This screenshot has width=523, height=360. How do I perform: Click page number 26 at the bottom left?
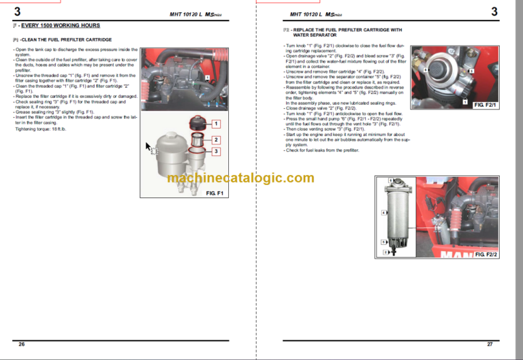click(x=22, y=344)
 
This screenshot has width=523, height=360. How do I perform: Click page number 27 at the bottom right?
click(x=490, y=344)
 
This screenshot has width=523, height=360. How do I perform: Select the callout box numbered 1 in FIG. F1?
click(x=216, y=124)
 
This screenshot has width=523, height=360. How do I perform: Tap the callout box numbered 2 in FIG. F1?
click(x=216, y=140)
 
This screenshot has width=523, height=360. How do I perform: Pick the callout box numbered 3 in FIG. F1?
click(x=216, y=151)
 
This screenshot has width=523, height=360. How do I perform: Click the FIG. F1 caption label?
click(x=219, y=193)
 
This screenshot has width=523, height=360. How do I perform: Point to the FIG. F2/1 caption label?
click(x=485, y=105)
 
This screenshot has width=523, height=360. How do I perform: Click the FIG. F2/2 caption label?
click(x=485, y=253)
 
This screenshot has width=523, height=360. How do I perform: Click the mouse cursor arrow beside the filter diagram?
click(x=148, y=146)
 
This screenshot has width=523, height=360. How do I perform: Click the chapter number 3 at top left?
click(x=17, y=12)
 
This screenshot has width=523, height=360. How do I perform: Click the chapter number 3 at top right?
click(x=494, y=12)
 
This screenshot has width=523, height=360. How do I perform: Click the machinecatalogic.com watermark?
click(x=240, y=178)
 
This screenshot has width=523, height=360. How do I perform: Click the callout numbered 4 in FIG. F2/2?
click(x=384, y=212)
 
